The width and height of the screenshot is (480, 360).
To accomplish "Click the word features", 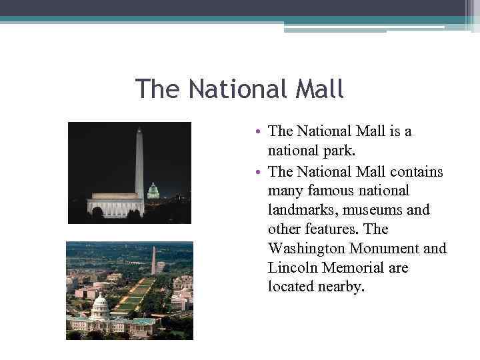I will click(x=326, y=229).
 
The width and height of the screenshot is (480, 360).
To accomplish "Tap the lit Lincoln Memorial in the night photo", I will click(x=115, y=205).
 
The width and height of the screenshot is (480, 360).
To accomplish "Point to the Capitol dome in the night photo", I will click(x=153, y=191).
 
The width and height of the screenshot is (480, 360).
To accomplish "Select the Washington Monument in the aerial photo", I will click(x=153, y=260).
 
